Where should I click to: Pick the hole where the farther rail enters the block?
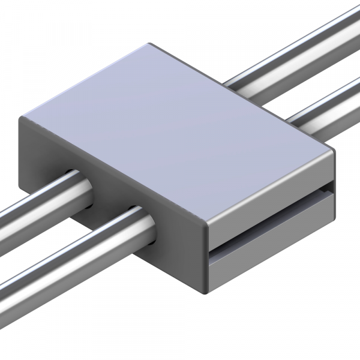(x=81, y=189)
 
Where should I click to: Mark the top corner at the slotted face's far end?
(x=334, y=150)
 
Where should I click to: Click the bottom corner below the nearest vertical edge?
(x=207, y=292)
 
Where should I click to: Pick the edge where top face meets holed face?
(x=114, y=171)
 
